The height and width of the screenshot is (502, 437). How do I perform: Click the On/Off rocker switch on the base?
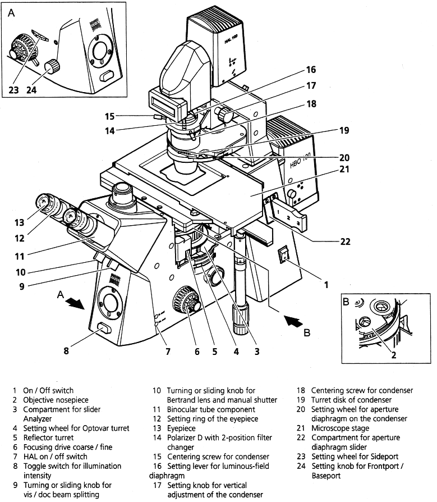tap(284, 255)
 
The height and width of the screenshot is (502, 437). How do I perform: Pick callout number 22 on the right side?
tap(344, 241)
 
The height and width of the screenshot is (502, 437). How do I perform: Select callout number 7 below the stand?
tap(167, 352)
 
